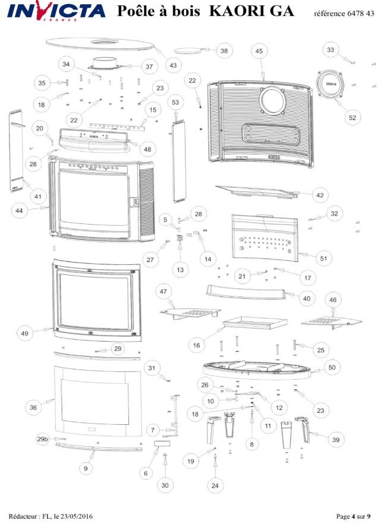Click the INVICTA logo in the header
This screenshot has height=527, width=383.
tap(57, 11)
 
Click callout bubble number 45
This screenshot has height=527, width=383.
tap(259, 52)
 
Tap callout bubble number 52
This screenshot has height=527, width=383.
tap(352, 118)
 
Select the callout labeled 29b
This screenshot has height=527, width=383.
tap(42, 439)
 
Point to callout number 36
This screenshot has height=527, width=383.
tap(33, 408)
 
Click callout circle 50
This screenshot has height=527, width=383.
tap(332, 368)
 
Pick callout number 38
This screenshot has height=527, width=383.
tap(224, 51)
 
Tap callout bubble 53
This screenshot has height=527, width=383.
tap(175, 103)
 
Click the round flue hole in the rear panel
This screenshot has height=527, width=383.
tap(273, 102)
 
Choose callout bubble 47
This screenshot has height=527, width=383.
tap(164, 291)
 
